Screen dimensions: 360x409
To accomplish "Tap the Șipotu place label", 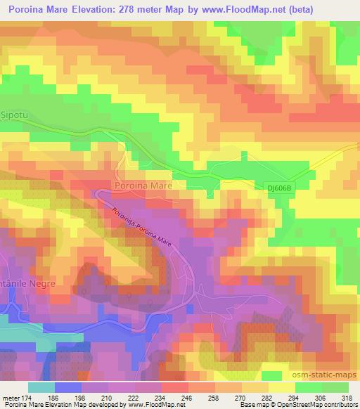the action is [x=15, y=112].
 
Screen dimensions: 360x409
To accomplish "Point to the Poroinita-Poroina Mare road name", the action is [x=143, y=224].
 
